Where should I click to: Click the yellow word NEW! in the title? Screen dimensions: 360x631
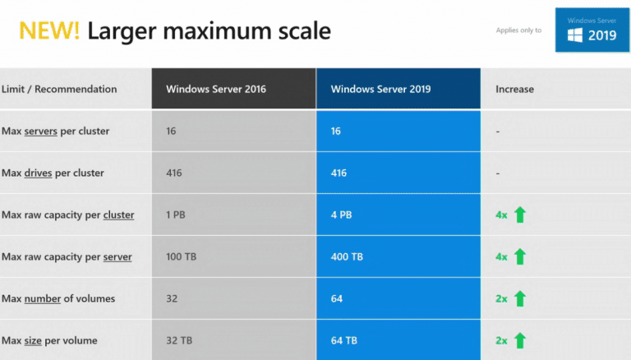[49, 31]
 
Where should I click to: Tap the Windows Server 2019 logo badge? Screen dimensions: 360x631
[592, 30]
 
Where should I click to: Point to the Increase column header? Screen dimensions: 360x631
[514, 89]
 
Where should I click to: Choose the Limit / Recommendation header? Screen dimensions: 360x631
[59, 89]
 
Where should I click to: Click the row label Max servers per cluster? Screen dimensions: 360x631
[55, 131]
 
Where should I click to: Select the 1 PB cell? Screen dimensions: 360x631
[176, 215]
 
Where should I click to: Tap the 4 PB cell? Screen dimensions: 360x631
[341, 215]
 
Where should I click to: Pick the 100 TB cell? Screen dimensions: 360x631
[181, 257]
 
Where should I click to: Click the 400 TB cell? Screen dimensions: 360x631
[347, 257]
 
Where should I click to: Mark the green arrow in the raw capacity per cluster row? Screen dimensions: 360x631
[519, 215]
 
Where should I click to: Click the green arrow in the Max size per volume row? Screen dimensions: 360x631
[519, 340]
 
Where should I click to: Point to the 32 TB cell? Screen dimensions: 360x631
[178, 340]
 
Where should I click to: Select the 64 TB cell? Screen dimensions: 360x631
[344, 340]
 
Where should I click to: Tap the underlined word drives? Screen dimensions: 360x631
[41, 173]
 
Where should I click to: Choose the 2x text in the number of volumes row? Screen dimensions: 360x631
[501, 298]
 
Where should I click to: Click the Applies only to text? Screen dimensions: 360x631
[518, 30]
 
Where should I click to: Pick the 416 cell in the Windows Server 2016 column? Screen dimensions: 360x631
[173, 173]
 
